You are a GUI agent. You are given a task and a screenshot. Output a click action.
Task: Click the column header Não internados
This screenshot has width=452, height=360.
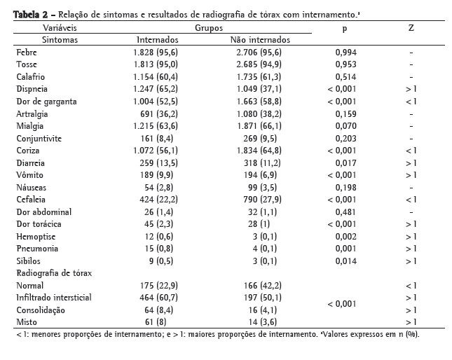click(260, 40)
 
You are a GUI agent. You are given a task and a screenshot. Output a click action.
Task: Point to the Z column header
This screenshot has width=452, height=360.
click(411, 28)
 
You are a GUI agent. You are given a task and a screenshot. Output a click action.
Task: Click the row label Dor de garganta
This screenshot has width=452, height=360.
click(46, 101)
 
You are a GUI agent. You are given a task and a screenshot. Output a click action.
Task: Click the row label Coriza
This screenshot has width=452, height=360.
click(27, 150)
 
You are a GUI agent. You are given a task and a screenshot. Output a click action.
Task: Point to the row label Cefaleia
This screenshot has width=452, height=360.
click(31, 199)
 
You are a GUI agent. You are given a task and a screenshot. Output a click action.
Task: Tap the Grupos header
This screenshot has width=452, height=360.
click(210, 28)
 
